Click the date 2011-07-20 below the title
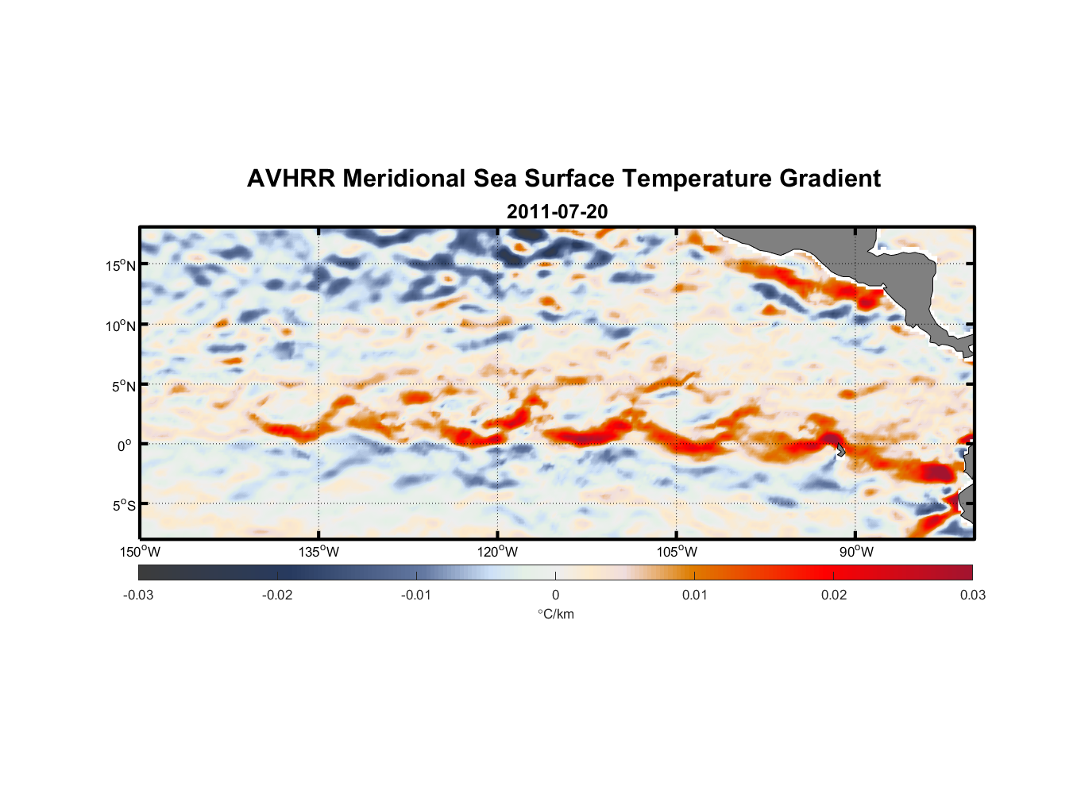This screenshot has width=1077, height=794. coord(557,212)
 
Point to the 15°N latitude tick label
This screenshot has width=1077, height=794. coord(121,265)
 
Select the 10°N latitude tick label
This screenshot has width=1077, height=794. coord(121,326)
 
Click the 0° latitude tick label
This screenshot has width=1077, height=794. coord(124,445)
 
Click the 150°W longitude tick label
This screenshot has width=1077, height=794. coord(140,552)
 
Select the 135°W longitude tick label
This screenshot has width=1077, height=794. coord(318,552)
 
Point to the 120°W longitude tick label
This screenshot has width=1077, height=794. coord(497,552)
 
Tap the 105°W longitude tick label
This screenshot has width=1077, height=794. coord(677,552)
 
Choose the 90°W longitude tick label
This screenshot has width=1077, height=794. coord(856,552)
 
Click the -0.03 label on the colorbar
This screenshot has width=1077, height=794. coord(138,595)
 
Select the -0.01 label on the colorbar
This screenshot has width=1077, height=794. coord(416,595)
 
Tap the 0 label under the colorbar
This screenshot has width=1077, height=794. coord(555,595)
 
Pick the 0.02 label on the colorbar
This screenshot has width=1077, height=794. coord(834,595)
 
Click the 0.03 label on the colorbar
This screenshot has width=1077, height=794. coord(972,595)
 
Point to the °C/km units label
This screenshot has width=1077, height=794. coord(555,614)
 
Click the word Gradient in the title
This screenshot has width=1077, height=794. coord(830,179)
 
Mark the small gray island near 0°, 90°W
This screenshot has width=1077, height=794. coord(840,450)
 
